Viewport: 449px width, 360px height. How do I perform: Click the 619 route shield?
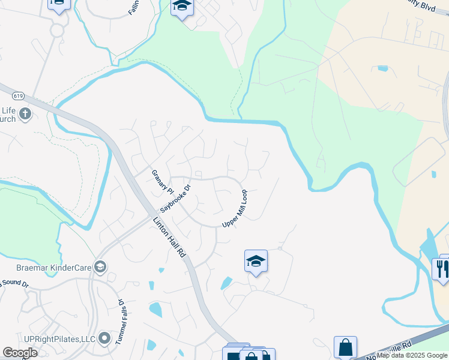coord(17,94)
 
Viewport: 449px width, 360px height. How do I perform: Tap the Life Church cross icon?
coord(25,113)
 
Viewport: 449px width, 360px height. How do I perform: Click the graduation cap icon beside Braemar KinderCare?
coord(100,266)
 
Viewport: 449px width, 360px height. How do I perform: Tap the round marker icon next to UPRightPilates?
coord(105,340)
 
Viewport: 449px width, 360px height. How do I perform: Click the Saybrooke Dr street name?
coord(175,199)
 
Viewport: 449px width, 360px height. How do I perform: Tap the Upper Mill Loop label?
coord(235,209)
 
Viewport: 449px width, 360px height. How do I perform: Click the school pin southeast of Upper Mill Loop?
coord(256,262)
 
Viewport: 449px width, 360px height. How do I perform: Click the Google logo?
coord(20,353)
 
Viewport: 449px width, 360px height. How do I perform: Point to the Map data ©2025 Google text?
coord(412,355)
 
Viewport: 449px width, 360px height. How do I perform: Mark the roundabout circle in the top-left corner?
coord(58,29)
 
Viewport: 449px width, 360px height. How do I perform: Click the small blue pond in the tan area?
coord(382,68)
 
